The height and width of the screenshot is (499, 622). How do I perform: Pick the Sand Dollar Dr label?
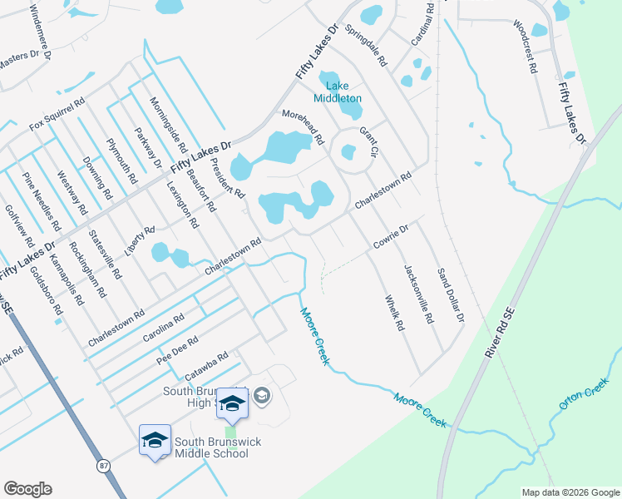coord(450,294)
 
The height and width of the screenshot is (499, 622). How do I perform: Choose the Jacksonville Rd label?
coord(418,294)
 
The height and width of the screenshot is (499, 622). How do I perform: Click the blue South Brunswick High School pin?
coord(233,403)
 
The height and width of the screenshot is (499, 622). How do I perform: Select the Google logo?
coord(27,489)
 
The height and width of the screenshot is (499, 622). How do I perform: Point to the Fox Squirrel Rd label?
coord(57,114)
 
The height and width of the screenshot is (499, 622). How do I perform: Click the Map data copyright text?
coord(570,492)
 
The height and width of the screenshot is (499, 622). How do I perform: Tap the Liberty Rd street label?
coord(139,240)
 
